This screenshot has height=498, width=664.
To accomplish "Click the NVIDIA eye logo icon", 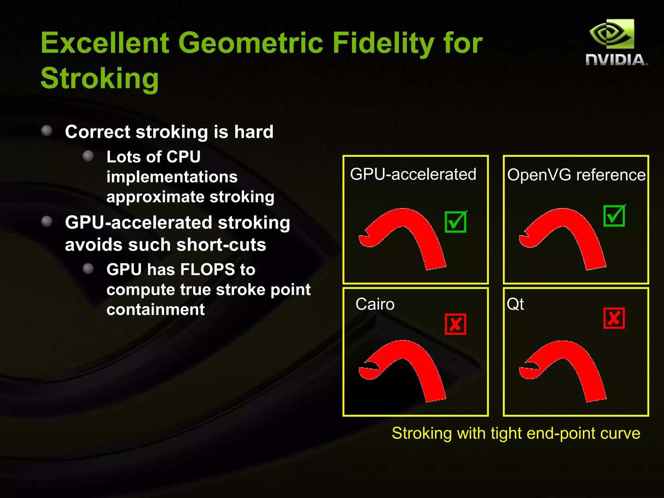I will pos(611,34).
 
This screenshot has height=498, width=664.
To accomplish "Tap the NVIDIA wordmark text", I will pos(616,60).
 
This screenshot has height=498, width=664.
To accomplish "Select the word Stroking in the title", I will pos(100,78).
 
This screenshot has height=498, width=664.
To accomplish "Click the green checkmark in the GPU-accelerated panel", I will pos(456,222).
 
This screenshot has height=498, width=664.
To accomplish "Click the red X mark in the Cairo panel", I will pos(455,324).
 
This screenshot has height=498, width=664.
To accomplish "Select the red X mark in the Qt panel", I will pos(614,318).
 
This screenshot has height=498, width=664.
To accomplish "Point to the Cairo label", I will pos(375,304).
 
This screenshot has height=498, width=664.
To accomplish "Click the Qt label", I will pos(515,304).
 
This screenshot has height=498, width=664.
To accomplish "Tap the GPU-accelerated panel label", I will pos(413,174).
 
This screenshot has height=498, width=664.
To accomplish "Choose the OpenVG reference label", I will pos(576,175).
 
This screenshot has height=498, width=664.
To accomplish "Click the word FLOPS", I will pos(207,270).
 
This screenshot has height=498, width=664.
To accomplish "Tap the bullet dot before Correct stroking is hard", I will pos(47,131).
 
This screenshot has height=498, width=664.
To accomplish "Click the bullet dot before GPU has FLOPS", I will pos(88,268).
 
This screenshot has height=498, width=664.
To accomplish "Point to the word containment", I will pos(156,310).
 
